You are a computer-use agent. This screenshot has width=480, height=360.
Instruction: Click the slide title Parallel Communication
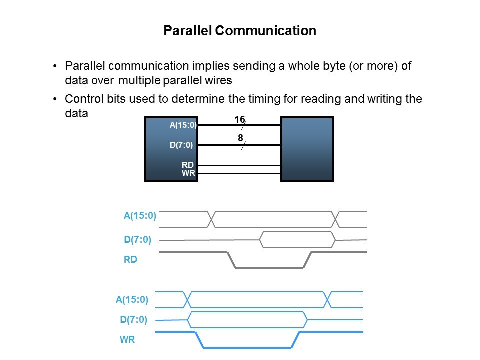[x=240, y=31]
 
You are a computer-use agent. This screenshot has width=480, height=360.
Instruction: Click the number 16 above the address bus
[x=240, y=120]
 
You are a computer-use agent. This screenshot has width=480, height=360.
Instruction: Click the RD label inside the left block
[x=188, y=165]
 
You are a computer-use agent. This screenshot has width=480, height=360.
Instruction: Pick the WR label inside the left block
[x=188, y=173]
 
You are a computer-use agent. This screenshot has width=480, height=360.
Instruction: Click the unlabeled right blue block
[x=307, y=149]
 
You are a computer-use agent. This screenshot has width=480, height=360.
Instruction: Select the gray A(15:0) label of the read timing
[x=140, y=216]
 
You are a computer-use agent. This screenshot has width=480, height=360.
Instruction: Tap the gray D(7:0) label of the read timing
[x=137, y=239]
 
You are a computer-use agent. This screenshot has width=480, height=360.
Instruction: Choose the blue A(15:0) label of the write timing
[x=132, y=300]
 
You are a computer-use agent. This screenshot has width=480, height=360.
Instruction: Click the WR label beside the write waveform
[x=127, y=340]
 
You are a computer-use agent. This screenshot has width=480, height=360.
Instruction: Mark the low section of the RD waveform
[x=269, y=268]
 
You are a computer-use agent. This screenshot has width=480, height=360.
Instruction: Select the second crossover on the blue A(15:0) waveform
[x=327, y=299]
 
